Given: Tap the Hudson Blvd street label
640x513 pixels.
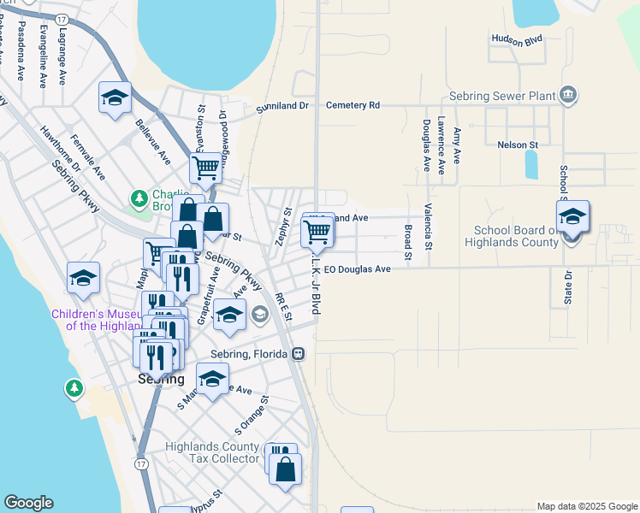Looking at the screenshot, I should click(518, 38).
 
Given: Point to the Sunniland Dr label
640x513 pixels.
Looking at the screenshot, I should click(281, 109).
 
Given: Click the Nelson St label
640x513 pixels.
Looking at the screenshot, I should click(517, 144).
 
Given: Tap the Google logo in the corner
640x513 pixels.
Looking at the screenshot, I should click(28, 503).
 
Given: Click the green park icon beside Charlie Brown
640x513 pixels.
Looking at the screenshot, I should click(139, 199).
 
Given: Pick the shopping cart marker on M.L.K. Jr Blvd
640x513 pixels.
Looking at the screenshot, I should click(317, 231).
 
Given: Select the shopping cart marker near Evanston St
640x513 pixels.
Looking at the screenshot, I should click(205, 168).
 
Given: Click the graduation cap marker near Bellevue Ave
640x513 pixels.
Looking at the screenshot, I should click(114, 98).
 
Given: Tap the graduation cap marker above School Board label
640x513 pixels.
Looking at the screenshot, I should click(572, 215).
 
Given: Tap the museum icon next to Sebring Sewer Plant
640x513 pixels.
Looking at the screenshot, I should click(568, 95).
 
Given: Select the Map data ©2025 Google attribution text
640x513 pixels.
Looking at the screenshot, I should click(586, 506).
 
